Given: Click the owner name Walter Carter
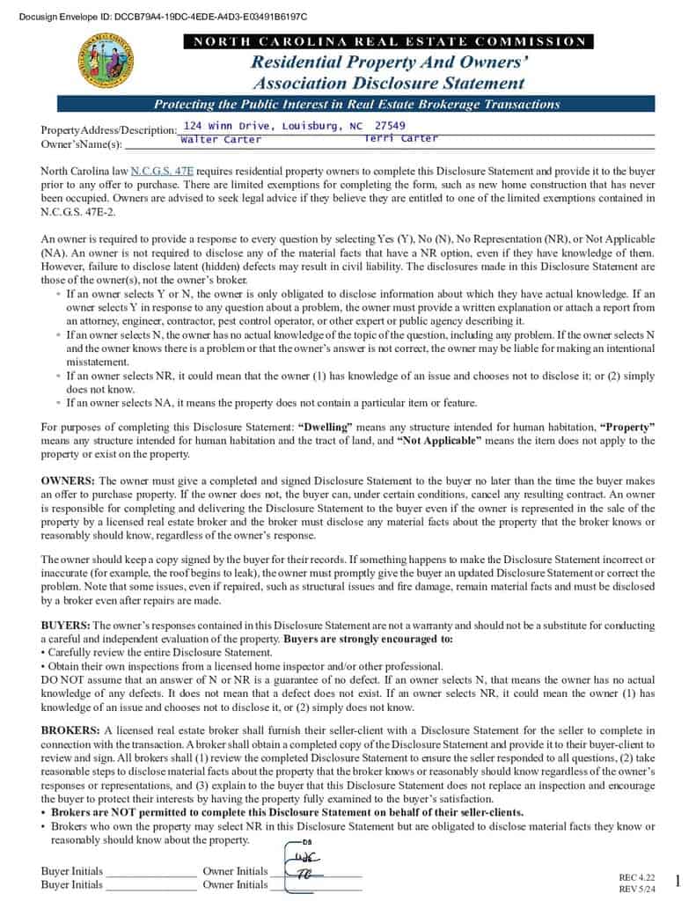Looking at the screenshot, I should pyautogui.click(x=221, y=140).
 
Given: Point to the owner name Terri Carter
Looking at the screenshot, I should pyautogui.click(x=400, y=139).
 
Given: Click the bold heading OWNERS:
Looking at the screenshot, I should pyautogui.click(x=68, y=481).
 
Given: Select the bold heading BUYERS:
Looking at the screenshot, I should pyautogui.click(x=65, y=626).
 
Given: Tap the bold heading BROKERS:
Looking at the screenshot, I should pyautogui.click(x=70, y=731).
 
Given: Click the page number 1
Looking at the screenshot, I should pyautogui.click(x=678, y=881).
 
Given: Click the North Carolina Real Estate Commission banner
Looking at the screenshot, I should pyautogui.click(x=389, y=41).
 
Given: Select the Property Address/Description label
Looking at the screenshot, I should pyautogui.click(x=109, y=130).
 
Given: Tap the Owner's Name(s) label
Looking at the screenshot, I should pyautogui.click(x=82, y=143).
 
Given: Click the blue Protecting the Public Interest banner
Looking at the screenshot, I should pyautogui.click(x=356, y=105).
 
